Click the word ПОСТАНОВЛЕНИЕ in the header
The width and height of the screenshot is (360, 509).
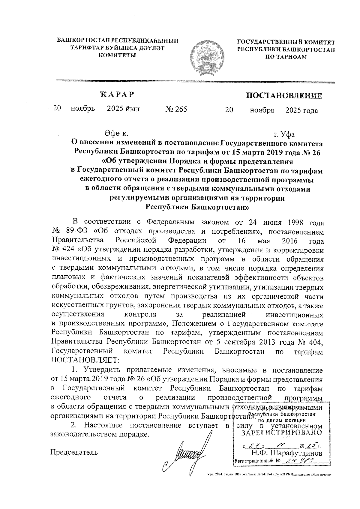[284, 96]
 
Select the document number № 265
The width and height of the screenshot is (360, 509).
[176, 109]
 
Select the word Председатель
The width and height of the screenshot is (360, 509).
[74, 452]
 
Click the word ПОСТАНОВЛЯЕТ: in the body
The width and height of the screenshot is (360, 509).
[85, 360]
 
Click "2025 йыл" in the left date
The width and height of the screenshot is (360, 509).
[123, 109]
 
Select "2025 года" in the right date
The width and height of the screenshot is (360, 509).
[302, 111]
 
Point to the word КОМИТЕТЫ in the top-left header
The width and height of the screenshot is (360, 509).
[117, 55]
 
